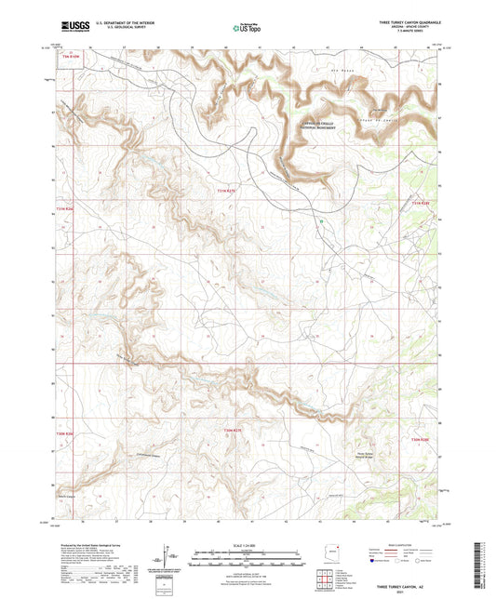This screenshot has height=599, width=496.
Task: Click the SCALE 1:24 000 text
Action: pos(247,543)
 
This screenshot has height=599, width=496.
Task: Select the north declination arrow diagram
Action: pos(164,558)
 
